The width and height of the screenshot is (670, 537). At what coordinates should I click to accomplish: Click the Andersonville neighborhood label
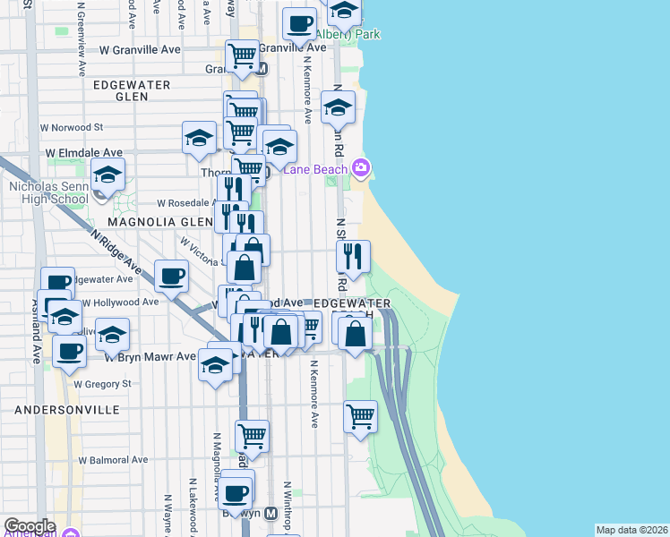[x=67, y=409]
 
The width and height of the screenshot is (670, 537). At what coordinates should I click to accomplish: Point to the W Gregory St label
[x=102, y=383]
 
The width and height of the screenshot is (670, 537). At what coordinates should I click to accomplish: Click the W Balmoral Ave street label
[x=112, y=459]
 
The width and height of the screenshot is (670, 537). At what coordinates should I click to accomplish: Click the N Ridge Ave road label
[x=116, y=252]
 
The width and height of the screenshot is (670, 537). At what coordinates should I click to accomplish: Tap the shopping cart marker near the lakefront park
[x=360, y=416]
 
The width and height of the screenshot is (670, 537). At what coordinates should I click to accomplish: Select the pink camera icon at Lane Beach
[x=361, y=167]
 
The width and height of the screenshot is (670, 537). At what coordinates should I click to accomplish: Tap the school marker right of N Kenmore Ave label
[x=337, y=108]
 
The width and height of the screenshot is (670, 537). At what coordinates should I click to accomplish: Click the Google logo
[x=30, y=526]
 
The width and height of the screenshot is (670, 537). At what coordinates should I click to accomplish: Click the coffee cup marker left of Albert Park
[x=299, y=24]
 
